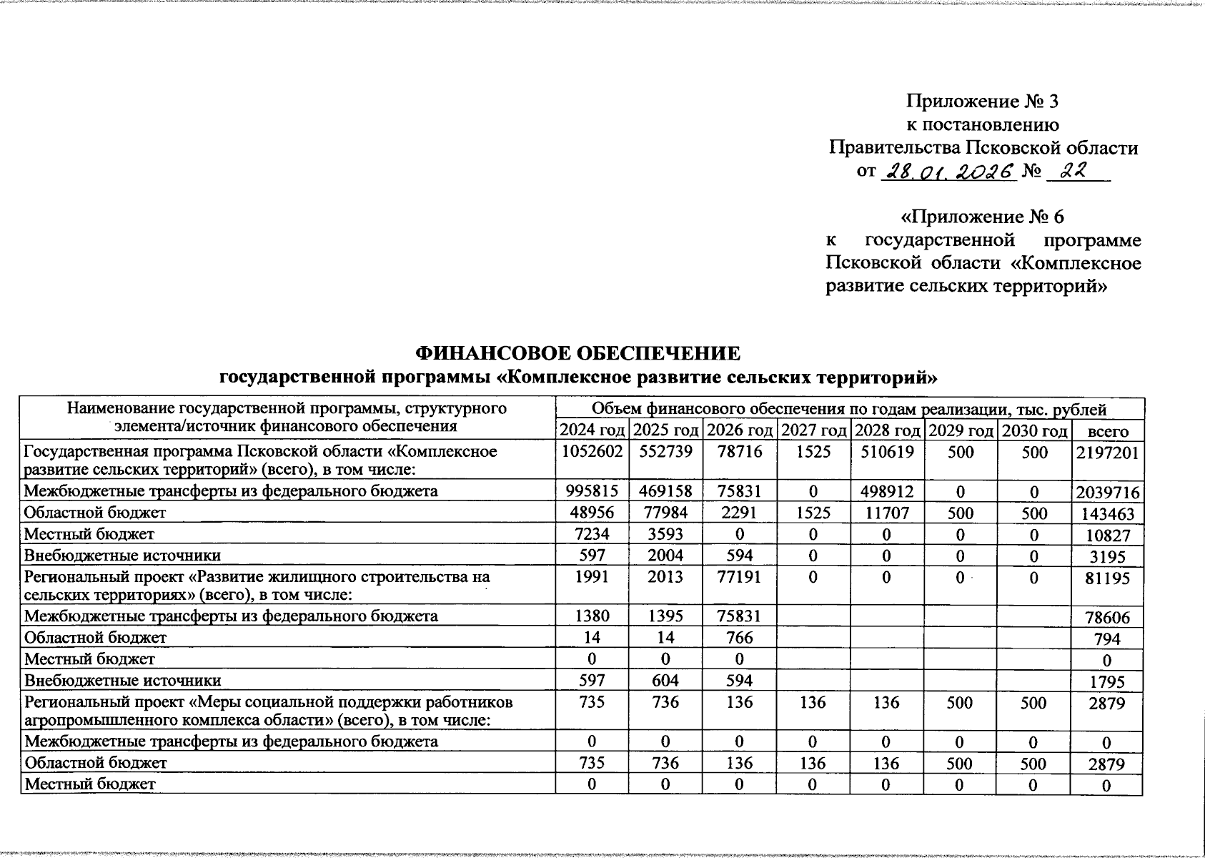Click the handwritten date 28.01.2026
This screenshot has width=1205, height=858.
[949, 172]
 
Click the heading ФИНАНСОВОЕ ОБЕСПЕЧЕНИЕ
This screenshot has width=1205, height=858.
[577, 353]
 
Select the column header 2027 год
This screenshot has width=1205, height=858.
[813, 431]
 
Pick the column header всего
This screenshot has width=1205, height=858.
[1107, 432]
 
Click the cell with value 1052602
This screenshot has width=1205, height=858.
[592, 453]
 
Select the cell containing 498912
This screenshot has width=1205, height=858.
[886, 492]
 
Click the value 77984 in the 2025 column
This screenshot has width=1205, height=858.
[665, 513]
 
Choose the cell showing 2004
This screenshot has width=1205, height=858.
[665, 556]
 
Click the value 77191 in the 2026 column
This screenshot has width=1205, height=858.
[739, 577]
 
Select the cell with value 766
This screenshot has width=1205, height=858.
[739, 638]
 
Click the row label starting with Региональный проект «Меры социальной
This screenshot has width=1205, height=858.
[269, 711]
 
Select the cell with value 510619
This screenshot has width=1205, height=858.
[886, 453]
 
